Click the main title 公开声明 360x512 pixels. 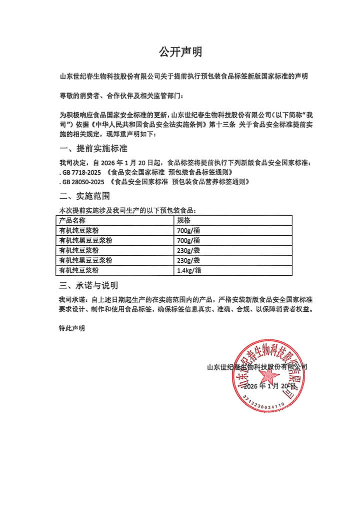coord(180,52)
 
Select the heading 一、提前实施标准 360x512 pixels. coord(93,149)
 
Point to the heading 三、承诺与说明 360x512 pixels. coord(88,286)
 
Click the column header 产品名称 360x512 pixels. coord(72,220)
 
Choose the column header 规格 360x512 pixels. coord(183,220)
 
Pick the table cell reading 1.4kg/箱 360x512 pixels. coord(189,270)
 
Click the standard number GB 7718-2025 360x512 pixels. coord(81,172)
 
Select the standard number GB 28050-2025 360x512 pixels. coord(83,182)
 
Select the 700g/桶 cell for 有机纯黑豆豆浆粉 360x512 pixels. coord(188,240)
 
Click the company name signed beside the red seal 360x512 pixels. coord(257,367)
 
